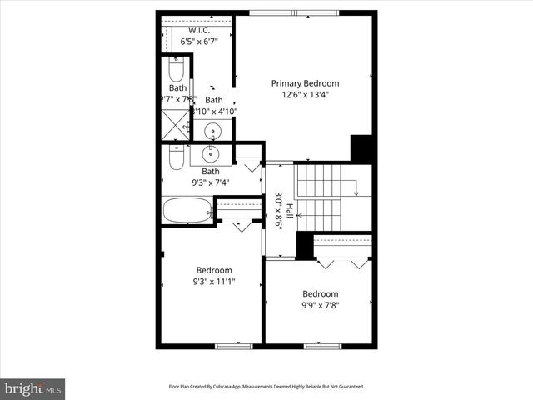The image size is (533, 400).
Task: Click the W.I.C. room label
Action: pos(198,31)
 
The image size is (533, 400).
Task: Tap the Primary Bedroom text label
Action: pos(306,83)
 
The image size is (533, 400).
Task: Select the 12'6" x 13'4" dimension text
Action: pos(306,95)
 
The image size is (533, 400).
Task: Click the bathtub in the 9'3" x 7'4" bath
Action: pos(187,209)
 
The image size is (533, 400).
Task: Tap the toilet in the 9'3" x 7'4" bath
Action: pos(176,157)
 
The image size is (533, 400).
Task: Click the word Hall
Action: pos(289,211)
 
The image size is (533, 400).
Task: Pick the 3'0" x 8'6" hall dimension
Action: pos(278,211)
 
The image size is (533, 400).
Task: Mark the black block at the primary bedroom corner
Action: pos(361,148)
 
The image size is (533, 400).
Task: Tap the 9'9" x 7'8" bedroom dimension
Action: pos(320,305)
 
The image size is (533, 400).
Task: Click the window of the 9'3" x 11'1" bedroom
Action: pos(228,345)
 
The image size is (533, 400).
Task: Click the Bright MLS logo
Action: pos(33,388)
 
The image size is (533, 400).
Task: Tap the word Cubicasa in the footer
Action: pos(229,387)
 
